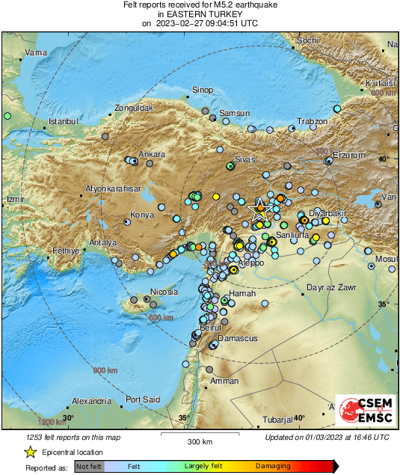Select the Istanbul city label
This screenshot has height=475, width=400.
click(63, 121)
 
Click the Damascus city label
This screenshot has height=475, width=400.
click(239, 339)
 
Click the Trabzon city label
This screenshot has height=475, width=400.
click(313, 121)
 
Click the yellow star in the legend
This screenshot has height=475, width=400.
click(30, 453)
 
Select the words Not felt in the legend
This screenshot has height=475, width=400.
click(89, 466)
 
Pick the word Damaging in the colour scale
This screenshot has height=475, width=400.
click(273, 466)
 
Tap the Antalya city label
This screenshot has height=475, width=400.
click(103, 243)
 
